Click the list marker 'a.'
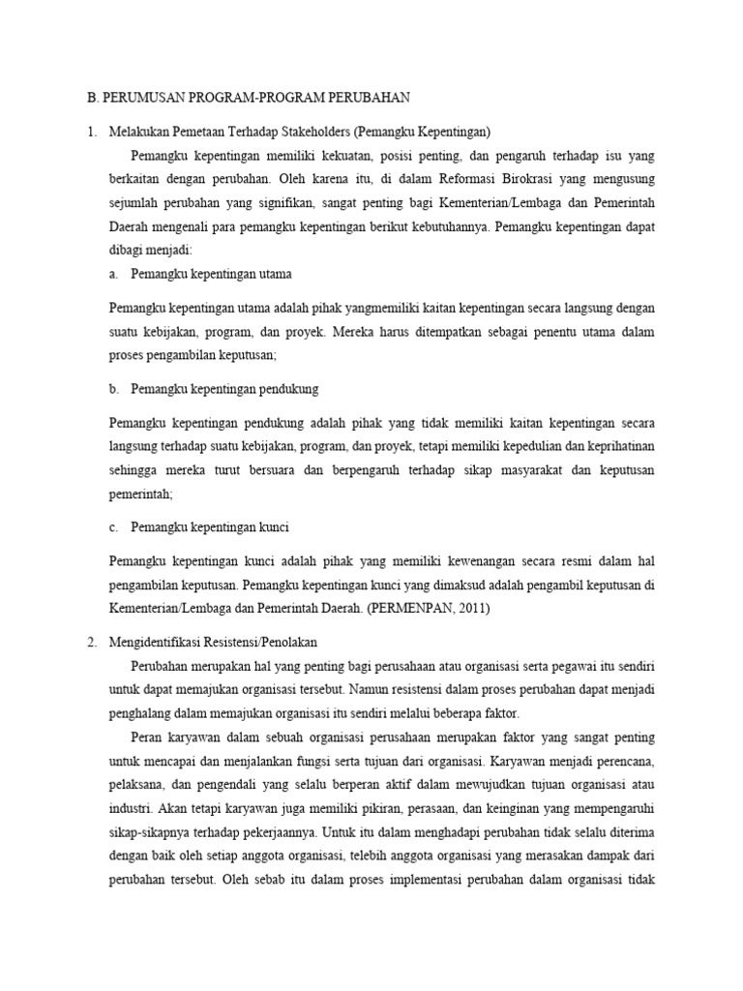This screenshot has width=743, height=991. pyautogui.click(x=114, y=274)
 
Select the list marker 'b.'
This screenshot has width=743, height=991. pyautogui.click(x=114, y=388)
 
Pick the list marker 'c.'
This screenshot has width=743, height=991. pyautogui.click(x=114, y=527)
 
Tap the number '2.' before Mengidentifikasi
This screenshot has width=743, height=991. pyautogui.click(x=92, y=642)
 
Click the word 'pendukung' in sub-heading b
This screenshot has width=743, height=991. pyautogui.click(x=288, y=388)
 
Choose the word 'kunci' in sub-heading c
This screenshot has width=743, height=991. pyautogui.click(x=275, y=527)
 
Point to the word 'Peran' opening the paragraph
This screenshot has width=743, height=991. pyautogui.click(x=147, y=736)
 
